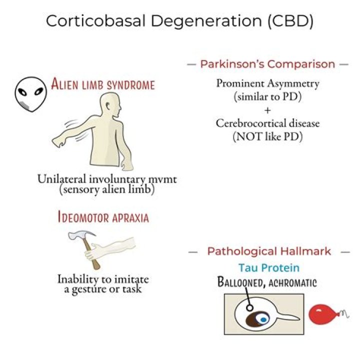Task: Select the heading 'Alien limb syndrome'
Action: pos(102,83)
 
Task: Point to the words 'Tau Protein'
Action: pos(268,267)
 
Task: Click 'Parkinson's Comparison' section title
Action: pos(267,64)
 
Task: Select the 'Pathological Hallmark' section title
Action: pos(269,251)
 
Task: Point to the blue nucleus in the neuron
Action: pos(263,318)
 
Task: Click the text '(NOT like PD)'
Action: pos(267,136)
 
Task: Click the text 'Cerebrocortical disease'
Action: pos(267,123)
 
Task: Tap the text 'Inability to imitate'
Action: pos(103,279)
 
